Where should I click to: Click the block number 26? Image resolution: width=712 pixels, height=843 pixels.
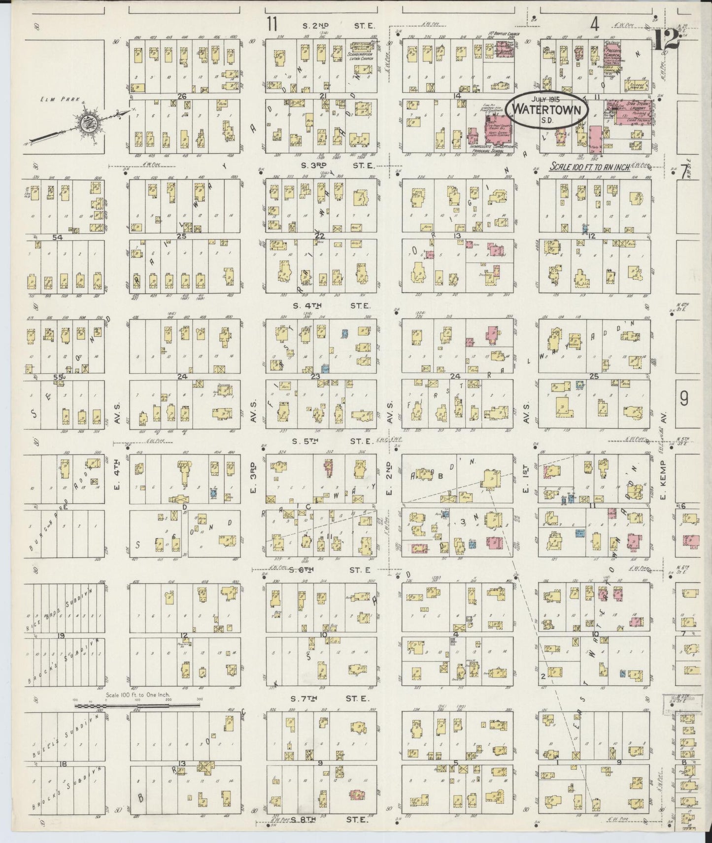pyautogui.click(x=182, y=97)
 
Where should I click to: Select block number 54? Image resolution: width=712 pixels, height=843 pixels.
pyautogui.click(x=58, y=238)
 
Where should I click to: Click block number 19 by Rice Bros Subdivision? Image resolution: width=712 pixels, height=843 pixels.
pyautogui.click(x=61, y=635)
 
